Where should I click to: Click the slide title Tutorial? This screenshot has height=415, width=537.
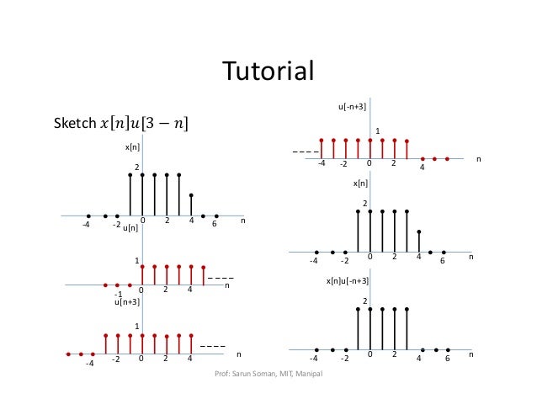[267, 70]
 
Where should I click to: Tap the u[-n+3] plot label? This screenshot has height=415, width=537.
[351, 108]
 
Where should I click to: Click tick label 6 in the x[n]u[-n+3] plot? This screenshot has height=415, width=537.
[448, 358]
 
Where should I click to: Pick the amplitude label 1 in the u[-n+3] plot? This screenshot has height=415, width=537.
[378, 130]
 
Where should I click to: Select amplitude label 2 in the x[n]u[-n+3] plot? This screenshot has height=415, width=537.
[364, 301]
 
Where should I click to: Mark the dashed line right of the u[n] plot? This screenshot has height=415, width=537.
[221, 278]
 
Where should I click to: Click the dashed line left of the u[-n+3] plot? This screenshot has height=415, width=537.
[304, 152]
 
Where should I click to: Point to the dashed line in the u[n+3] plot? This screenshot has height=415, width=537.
[213, 347]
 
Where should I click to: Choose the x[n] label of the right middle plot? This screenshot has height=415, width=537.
[359, 183]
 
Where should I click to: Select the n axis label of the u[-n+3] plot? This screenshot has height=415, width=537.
[478, 158]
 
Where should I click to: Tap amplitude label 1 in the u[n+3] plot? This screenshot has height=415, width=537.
[137, 326]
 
